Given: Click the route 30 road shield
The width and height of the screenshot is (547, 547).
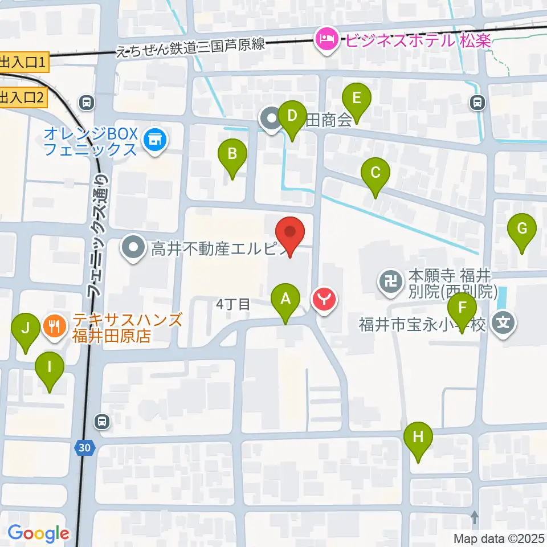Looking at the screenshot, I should point(84,448).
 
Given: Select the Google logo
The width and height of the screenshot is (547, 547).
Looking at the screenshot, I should point(38,533).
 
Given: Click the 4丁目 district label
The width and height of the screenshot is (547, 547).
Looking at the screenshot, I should point(234,304).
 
